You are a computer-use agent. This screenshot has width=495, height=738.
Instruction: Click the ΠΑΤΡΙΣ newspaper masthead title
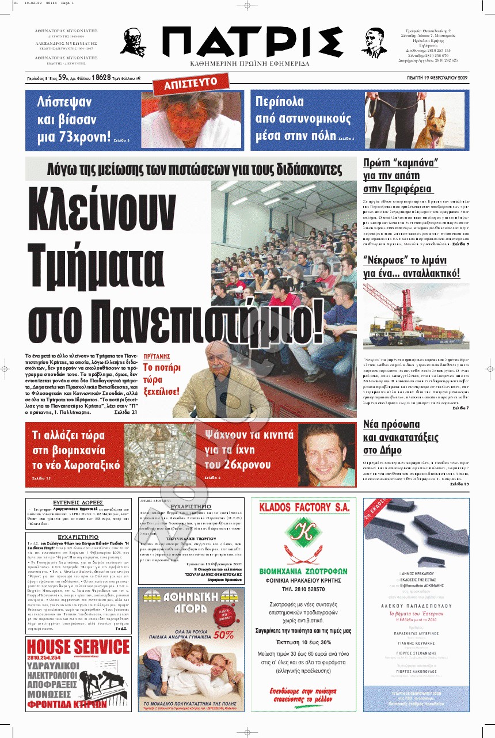click(x=249, y=41)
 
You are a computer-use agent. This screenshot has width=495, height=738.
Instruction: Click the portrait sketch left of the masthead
click(x=133, y=41)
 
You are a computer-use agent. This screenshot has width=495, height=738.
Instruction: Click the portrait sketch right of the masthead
click(x=375, y=41)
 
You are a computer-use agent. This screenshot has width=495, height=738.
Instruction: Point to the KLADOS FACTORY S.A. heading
click(x=304, y=508)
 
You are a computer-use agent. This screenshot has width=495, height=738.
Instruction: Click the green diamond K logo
click(x=304, y=536)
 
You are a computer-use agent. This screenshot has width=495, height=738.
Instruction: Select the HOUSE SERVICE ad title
click(x=78, y=646)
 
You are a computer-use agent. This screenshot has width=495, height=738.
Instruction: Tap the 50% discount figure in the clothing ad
click(x=224, y=635)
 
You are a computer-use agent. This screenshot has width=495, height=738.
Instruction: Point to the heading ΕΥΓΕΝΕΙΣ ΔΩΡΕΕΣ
click(x=79, y=503)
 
